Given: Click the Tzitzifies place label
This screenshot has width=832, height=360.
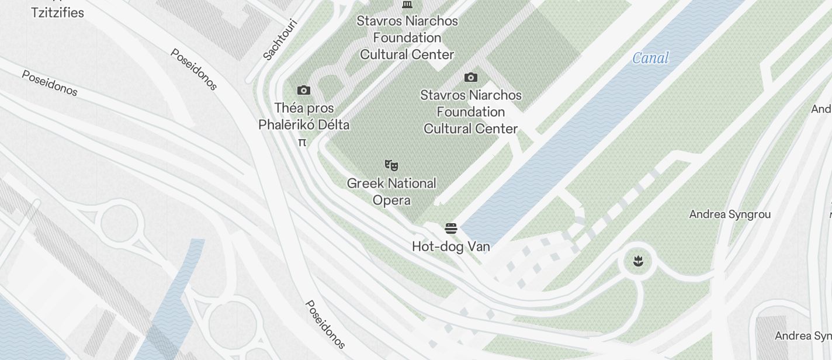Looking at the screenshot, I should [57, 12].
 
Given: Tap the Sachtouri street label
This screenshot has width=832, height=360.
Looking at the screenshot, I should [280, 40].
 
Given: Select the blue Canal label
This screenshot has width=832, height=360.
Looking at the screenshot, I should [650, 58].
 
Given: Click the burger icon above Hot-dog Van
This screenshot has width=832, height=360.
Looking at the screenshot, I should [450, 228].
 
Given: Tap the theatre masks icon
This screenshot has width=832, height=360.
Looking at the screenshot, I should [391, 165].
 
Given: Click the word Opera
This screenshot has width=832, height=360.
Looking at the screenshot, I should [391, 200].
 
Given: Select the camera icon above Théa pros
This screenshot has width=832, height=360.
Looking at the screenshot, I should [304, 90].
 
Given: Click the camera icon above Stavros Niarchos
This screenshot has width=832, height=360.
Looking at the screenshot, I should [471, 77].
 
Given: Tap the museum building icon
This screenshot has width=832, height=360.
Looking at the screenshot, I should [407, 5].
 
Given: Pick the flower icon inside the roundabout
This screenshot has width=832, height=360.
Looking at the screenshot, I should [638, 261].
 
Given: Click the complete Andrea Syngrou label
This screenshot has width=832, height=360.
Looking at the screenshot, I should [730, 214].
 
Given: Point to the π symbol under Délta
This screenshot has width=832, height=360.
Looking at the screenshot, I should [302, 142].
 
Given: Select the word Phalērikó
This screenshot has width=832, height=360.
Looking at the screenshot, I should [286, 125].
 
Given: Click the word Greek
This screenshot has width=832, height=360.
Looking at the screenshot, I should [365, 184].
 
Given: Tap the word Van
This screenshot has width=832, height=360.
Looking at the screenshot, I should [478, 247].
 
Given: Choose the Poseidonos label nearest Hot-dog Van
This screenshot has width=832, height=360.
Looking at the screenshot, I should [325, 324].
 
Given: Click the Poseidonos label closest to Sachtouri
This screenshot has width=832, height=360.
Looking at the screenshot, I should [194, 69].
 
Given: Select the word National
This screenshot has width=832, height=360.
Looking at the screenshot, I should [411, 184].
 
